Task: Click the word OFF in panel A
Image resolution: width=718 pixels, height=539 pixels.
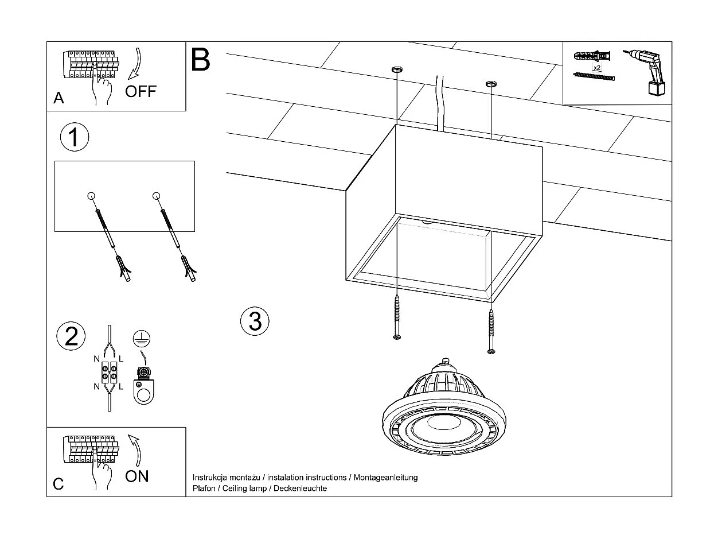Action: pyautogui.click(x=141, y=91)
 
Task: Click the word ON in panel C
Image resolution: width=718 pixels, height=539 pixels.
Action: pyautogui.click(x=136, y=476)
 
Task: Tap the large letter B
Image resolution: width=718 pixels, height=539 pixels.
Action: pyautogui.click(x=201, y=59)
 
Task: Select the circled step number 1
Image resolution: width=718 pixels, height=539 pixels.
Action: pyautogui.click(x=75, y=138)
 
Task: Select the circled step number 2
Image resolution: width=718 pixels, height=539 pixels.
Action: pyautogui.click(x=72, y=336)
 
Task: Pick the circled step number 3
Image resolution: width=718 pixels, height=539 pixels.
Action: pyautogui.click(x=255, y=320)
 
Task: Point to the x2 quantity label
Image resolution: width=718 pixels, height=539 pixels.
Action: pyautogui.click(x=596, y=68)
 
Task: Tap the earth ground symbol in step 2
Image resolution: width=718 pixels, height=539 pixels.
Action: pyautogui.click(x=139, y=339)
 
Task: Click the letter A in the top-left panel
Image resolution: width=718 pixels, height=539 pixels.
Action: pyautogui.click(x=58, y=99)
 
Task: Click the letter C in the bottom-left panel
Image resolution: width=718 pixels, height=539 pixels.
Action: pyautogui.click(x=58, y=484)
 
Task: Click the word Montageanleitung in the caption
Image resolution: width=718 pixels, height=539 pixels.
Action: pyautogui.click(x=385, y=478)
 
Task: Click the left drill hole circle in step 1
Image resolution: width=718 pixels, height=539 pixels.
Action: pyautogui.click(x=91, y=196)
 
